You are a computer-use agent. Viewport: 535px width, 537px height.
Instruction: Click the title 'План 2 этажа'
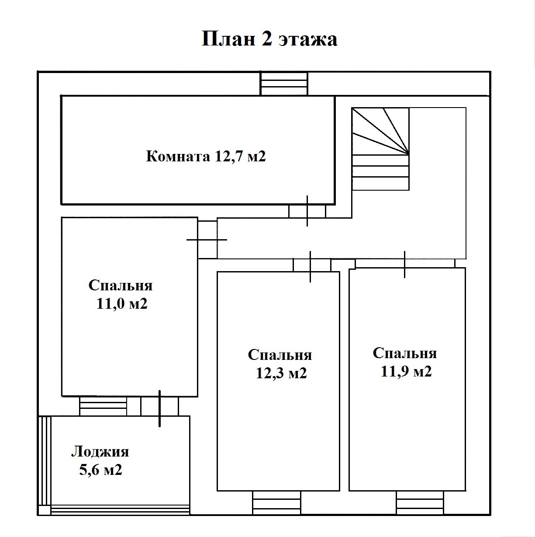(x=269, y=39)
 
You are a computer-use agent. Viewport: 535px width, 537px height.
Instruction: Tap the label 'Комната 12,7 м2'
(x=206, y=156)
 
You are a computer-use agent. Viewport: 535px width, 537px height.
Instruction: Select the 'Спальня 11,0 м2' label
(x=121, y=294)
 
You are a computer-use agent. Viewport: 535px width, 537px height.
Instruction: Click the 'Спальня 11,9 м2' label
(x=405, y=362)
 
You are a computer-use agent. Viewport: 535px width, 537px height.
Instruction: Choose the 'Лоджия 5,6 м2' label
(x=100, y=461)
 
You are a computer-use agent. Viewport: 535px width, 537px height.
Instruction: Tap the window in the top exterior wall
(x=284, y=84)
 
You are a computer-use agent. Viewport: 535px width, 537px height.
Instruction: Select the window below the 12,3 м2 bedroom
(x=276, y=502)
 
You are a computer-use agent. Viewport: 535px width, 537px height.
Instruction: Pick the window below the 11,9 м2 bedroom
(x=420, y=502)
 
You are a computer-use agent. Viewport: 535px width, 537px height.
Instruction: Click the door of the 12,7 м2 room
(x=307, y=211)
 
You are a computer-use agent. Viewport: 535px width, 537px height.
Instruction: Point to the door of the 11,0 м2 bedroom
(x=207, y=240)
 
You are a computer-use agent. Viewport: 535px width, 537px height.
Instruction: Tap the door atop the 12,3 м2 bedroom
(x=311, y=265)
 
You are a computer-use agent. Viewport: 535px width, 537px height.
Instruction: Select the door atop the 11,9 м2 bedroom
(x=405, y=263)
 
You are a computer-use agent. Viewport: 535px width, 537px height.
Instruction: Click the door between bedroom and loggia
(x=159, y=406)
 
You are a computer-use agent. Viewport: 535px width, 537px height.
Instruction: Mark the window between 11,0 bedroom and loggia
(x=103, y=406)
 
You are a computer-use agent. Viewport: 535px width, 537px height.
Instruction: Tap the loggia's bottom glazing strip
(x=120, y=510)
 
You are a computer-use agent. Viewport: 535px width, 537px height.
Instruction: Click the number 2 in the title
(x=266, y=39)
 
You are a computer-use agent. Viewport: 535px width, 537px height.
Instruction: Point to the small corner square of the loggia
(x=44, y=510)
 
